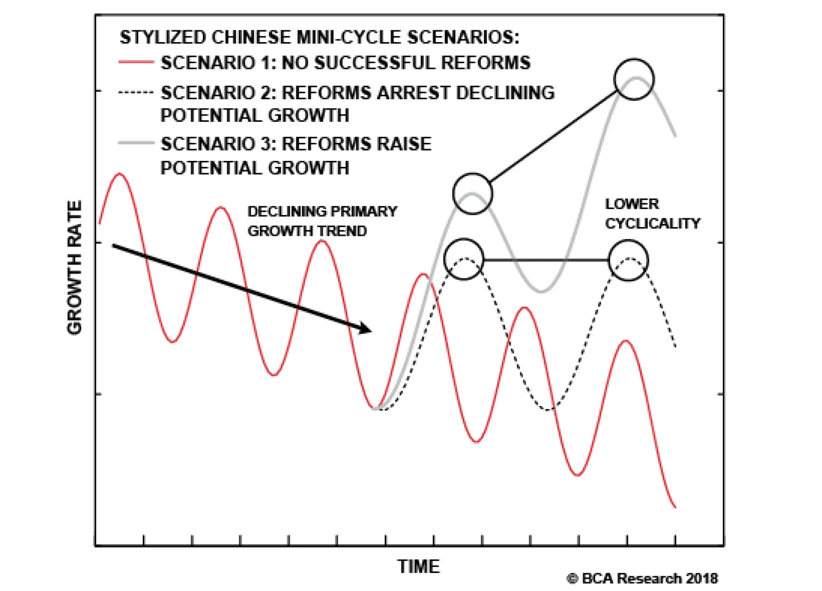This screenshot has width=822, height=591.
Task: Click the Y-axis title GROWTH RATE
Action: tap(74, 267)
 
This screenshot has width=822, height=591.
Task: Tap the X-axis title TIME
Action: tap(419, 566)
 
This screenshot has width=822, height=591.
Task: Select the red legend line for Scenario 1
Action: tap(136, 62)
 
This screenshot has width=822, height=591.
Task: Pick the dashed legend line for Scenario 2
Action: tap(136, 93)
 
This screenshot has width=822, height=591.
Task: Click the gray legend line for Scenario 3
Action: tap(136, 143)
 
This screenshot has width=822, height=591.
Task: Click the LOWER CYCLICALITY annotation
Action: tap(652, 214)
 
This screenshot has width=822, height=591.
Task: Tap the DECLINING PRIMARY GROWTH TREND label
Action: tap(322, 221)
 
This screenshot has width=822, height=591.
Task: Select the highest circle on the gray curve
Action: tap(634, 79)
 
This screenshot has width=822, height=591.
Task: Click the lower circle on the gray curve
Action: tap(473, 194)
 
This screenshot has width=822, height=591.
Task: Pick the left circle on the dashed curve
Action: tap(464, 259)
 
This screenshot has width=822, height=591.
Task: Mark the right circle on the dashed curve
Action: tap(628, 260)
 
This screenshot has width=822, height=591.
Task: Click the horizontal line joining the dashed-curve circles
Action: tap(546, 260)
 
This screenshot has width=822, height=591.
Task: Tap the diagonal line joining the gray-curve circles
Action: tap(553, 136)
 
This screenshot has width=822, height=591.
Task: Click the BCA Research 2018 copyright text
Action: tap(642, 579)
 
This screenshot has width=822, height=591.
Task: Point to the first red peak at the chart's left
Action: tap(120, 174)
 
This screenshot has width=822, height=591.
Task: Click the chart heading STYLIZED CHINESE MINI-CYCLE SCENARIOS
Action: tap(320, 37)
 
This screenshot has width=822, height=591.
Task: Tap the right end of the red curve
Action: tap(675, 507)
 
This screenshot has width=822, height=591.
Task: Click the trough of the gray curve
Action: tap(541, 291)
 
